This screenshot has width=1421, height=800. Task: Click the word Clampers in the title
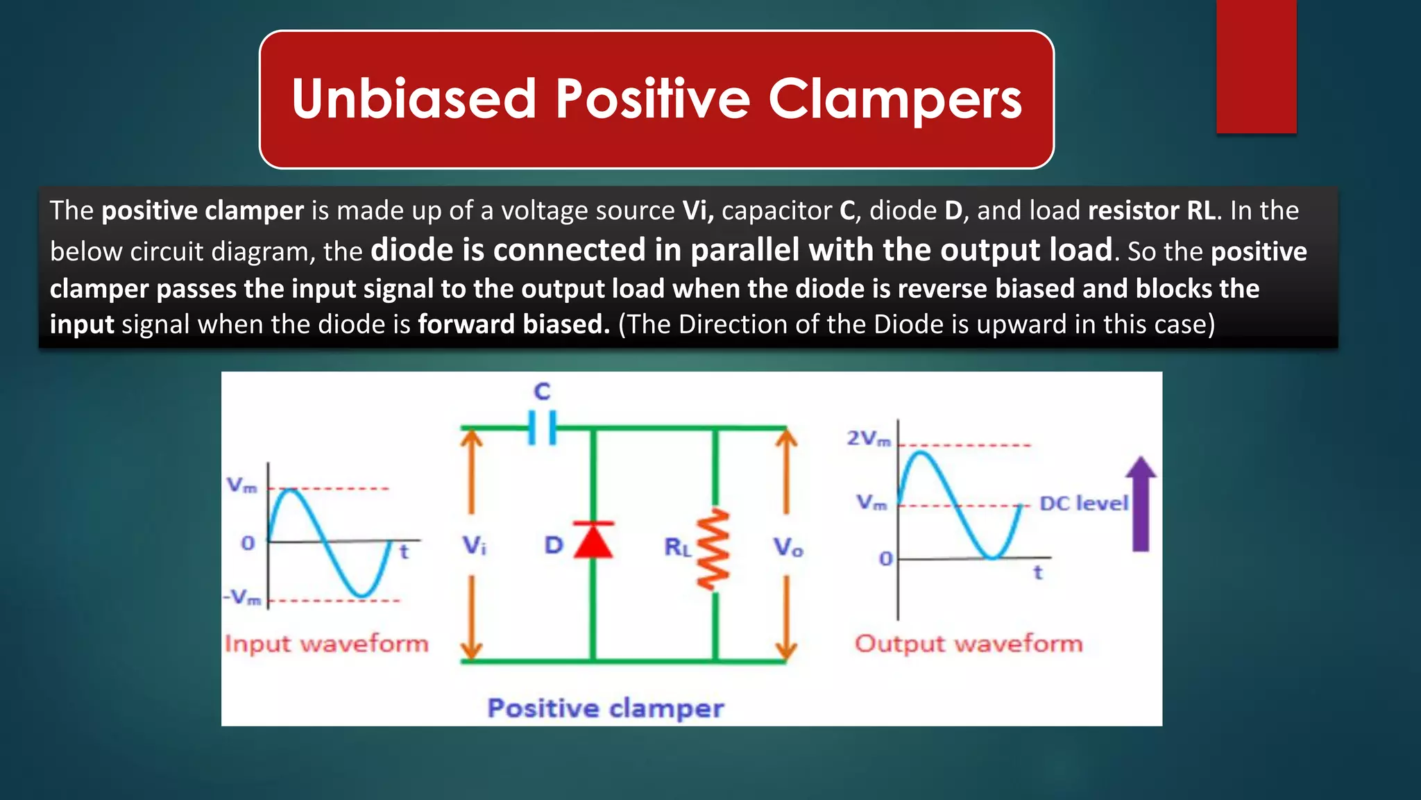pos(894,99)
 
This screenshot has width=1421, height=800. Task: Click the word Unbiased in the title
pos(414,98)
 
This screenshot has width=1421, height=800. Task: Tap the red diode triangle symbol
pos(594,541)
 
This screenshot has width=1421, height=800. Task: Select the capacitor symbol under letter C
pos(542,428)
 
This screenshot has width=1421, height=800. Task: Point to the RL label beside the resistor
pos(677,548)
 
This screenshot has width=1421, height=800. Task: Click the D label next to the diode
pos(553,545)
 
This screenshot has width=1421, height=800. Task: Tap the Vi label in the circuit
pos(475,545)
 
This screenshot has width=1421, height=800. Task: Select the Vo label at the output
pos(788,548)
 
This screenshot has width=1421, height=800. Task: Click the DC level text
pos(1083,503)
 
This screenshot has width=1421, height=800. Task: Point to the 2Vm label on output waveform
pos(868,438)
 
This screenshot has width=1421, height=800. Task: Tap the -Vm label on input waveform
pos(242,597)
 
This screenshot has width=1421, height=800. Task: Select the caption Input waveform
pos(326,644)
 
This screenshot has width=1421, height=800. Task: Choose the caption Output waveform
pos(968,644)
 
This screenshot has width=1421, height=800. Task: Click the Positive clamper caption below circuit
pos(605,708)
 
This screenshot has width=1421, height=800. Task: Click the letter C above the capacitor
pos(542,392)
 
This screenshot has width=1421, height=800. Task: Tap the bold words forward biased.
pos(513,324)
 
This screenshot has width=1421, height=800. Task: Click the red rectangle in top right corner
pos(1256,66)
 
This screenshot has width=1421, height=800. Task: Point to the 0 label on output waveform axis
pos(885,558)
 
